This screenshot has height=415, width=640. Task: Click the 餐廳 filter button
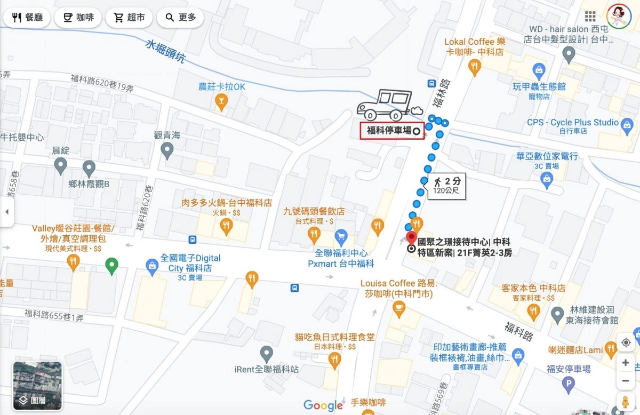tap(27, 18)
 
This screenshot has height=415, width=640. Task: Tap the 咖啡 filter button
tap(78, 18)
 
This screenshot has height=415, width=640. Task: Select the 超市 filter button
tap(129, 18)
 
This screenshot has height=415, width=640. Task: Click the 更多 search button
tap(181, 18)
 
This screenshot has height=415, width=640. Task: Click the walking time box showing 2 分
tap(446, 185)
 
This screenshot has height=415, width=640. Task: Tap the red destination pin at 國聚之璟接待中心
tap(411, 238)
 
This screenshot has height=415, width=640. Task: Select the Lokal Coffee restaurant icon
tap(474, 67)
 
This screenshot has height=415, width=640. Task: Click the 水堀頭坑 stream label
tap(165, 52)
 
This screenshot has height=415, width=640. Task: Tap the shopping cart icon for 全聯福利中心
tap(341, 235)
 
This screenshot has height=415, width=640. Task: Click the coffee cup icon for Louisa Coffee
tap(398, 308)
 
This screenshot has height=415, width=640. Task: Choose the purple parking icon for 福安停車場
tap(569, 383)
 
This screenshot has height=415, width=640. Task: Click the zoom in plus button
tap(626, 363)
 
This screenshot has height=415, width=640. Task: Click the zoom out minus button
tap(626, 381)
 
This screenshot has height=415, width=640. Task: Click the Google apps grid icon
tap(590, 17)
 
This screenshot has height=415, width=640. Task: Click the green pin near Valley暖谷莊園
tap(111, 265)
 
